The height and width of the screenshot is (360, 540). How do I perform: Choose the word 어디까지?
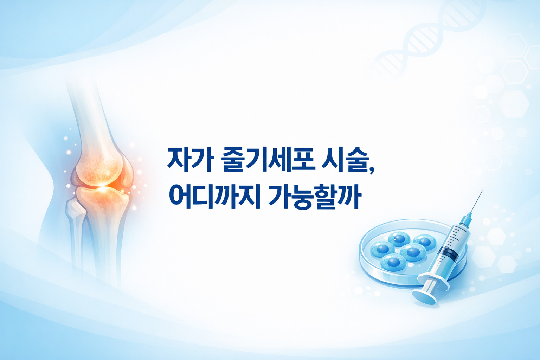(214, 196)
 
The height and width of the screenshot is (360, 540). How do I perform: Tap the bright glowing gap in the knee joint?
(102, 187)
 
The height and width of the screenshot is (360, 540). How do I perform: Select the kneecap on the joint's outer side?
(127, 172)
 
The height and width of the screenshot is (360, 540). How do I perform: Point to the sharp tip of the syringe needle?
(482, 191)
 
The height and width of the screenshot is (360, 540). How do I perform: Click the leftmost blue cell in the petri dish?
(382, 249)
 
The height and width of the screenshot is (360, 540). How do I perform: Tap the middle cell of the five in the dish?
(413, 252)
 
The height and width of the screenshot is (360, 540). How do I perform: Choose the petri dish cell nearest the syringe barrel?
(425, 242)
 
